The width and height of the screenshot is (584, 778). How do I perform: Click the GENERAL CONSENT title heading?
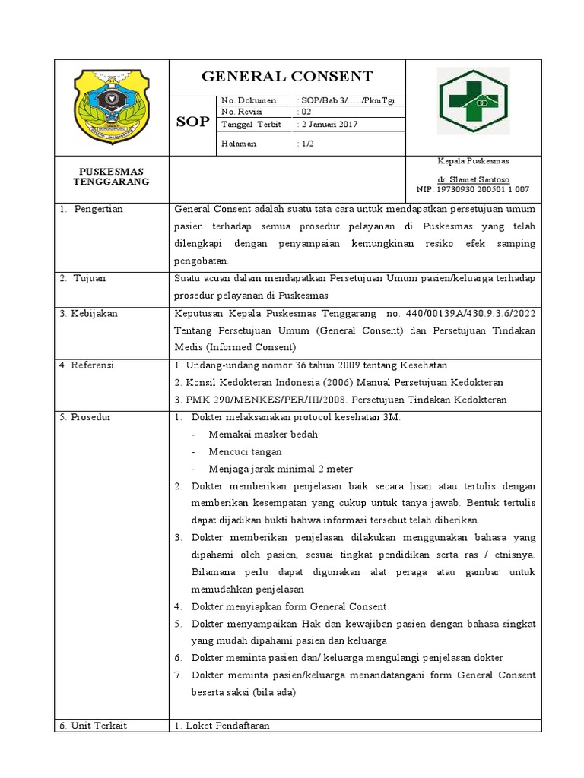tap(287, 76)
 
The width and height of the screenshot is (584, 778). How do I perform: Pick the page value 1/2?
tap(305, 143)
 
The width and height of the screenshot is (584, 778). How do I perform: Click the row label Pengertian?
tap(98, 209)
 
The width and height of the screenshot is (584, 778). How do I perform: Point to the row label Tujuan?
tap(89, 278)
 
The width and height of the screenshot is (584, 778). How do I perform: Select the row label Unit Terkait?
tap(95, 726)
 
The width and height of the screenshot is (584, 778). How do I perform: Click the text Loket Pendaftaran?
tap(227, 726)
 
